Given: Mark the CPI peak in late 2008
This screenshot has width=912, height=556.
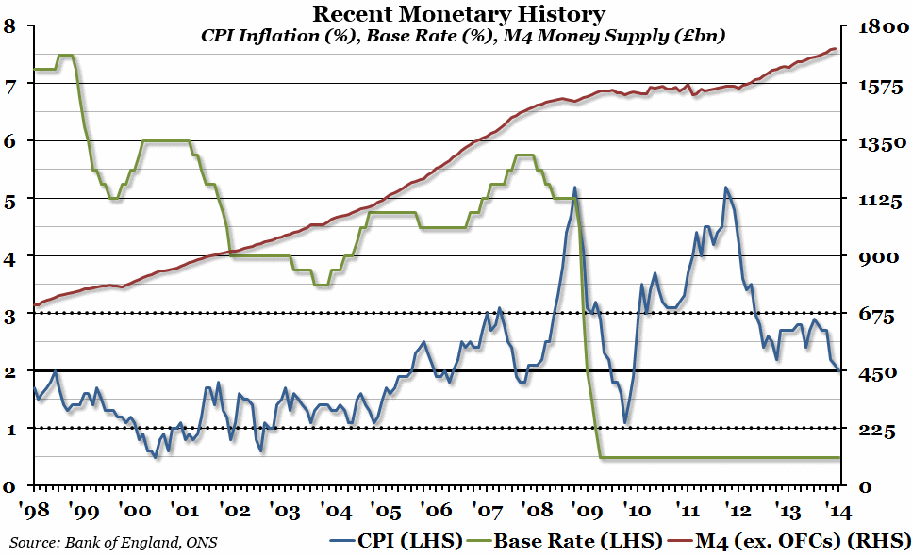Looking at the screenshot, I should click(x=574, y=188).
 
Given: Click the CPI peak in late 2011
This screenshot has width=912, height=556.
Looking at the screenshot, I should click(x=725, y=188).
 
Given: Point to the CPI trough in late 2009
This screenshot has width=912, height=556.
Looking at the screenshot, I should click(x=625, y=423).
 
